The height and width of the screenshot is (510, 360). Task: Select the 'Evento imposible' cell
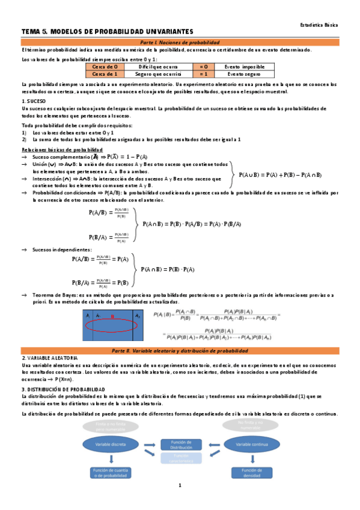(244, 66)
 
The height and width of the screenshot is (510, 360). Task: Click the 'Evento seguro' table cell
(244, 73)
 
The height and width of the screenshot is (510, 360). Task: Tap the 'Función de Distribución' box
(181, 444)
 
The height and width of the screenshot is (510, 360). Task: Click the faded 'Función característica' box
(181, 458)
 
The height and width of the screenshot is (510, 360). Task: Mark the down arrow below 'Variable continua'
(251, 459)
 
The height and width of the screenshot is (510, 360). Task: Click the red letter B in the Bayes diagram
(112, 316)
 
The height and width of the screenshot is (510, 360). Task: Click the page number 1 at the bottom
(180, 485)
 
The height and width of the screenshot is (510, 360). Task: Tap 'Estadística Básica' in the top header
(319, 25)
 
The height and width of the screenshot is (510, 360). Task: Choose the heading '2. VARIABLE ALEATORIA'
(49, 357)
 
